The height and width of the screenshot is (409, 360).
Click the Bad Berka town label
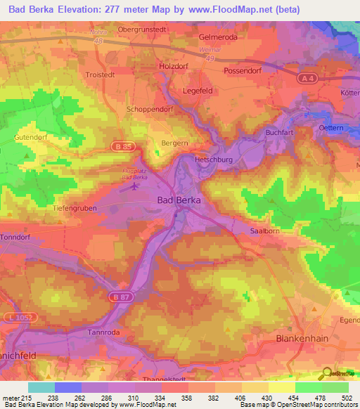point(178,200)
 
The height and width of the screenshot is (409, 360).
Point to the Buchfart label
point(278,132)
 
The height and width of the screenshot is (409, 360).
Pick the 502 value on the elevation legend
point(343,397)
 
